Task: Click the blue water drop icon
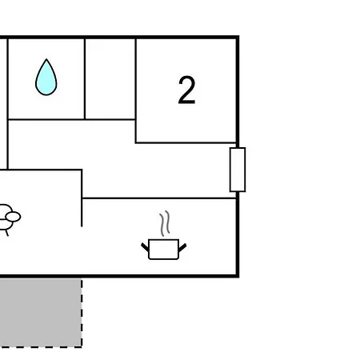[46, 78]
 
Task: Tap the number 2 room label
[186, 90]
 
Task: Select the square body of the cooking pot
[163, 250]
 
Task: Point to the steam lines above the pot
[165, 223]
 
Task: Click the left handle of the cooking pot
[145, 247]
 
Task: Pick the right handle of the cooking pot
[182, 247]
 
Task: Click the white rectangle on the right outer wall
[238, 170]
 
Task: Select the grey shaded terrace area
[41, 313]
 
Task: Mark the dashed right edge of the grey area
[82, 313]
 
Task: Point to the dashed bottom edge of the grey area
[41, 347]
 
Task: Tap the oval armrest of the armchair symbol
[13, 217]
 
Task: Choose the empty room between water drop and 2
[110, 79]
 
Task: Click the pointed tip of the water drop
[46, 59]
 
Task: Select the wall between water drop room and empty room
[85, 79]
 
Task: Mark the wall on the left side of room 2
[136, 90]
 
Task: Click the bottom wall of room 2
[186, 143]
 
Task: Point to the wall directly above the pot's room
[159, 198]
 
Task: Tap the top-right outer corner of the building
[238, 36]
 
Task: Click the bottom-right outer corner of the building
[238, 277]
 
